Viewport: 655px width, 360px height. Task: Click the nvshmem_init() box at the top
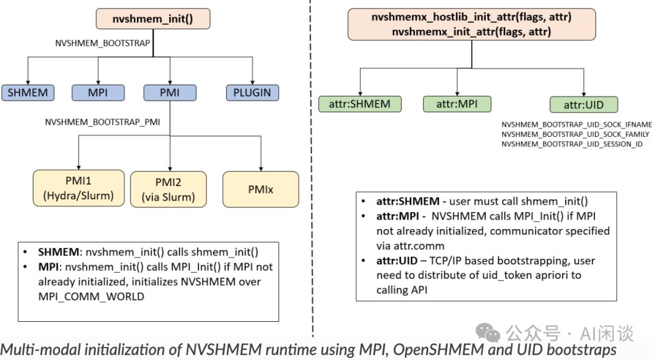pyautogui.click(x=152, y=19)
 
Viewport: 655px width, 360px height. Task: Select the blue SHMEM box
pyautogui.click(x=27, y=93)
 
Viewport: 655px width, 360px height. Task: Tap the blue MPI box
pyautogui.click(x=98, y=93)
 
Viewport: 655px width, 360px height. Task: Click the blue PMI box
pyautogui.click(x=170, y=93)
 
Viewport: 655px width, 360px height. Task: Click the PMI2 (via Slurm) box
pyautogui.click(x=168, y=189)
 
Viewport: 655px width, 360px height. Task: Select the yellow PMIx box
pyautogui.click(x=261, y=189)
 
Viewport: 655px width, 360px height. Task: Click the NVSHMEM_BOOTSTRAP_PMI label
pyautogui.click(x=102, y=122)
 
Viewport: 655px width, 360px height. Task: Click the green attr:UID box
pyautogui.click(x=583, y=105)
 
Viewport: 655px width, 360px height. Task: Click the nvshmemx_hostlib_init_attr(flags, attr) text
pyautogui.click(x=471, y=18)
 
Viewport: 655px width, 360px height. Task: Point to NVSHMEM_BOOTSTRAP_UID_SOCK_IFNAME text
pyautogui.click(x=576, y=124)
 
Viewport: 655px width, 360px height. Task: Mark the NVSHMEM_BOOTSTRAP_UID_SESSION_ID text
pyautogui.click(x=572, y=144)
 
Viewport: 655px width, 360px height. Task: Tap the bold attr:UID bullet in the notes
pyautogui.click(x=397, y=261)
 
